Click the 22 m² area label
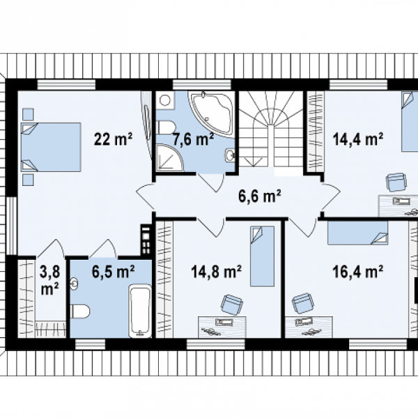(x=114, y=139)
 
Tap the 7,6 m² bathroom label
(x=193, y=139)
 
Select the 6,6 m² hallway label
(x=259, y=196)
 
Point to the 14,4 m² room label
(x=358, y=139)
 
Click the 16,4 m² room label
(x=358, y=272)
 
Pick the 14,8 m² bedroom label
(x=216, y=272)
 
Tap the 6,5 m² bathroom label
(x=114, y=272)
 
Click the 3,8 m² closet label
(x=50, y=281)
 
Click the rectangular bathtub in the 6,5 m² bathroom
(x=140, y=311)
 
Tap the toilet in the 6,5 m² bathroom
(x=80, y=311)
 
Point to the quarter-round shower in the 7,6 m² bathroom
(x=169, y=158)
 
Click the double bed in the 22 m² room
(x=51, y=147)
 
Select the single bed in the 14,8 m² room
(x=262, y=256)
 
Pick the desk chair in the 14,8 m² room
(x=231, y=305)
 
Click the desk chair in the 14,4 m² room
(x=396, y=183)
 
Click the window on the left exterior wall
(x=11, y=226)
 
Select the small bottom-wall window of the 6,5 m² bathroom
(x=90, y=344)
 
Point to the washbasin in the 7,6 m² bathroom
(x=230, y=155)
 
